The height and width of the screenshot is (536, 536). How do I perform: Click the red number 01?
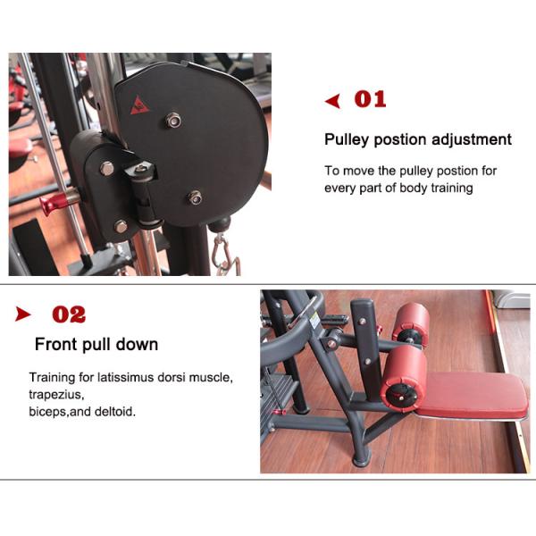click(x=370, y=99)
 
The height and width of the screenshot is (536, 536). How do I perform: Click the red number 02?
click(x=69, y=314)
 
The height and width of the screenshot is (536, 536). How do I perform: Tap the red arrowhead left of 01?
click(x=333, y=101)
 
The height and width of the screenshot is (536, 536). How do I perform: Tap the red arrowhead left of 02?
click(x=23, y=314)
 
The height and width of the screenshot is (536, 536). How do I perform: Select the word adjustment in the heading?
click(x=472, y=139)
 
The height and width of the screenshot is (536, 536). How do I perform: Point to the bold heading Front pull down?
click(x=96, y=345)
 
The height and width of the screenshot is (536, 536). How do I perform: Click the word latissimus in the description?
click(x=118, y=378)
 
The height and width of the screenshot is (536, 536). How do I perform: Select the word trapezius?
click(x=55, y=394)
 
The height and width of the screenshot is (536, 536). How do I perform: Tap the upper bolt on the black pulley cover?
click(x=173, y=120)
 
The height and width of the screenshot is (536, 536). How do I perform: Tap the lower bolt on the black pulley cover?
click(x=194, y=197)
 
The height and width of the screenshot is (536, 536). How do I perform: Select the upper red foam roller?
click(x=412, y=323)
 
